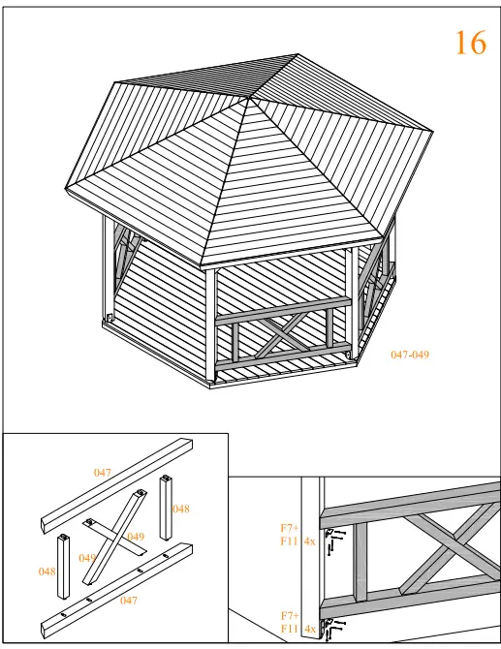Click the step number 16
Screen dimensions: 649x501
(x=470, y=43)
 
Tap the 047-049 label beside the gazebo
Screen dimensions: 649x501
(x=409, y=355)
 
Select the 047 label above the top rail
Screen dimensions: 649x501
(x=103, y=473)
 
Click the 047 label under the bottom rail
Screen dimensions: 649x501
(x=128, y=601)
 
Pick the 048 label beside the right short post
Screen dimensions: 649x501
(x=181, y=509)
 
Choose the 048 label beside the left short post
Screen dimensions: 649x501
(x=47, y=572)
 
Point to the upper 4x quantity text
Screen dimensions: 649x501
(x=309, y=541)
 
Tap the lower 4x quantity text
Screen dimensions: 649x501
(x=309, y=629)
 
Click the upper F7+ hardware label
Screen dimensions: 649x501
(x=289, y=529)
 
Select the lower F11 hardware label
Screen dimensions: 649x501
(x=289, y=629)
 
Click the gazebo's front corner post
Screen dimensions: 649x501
(x=210, y=324)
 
